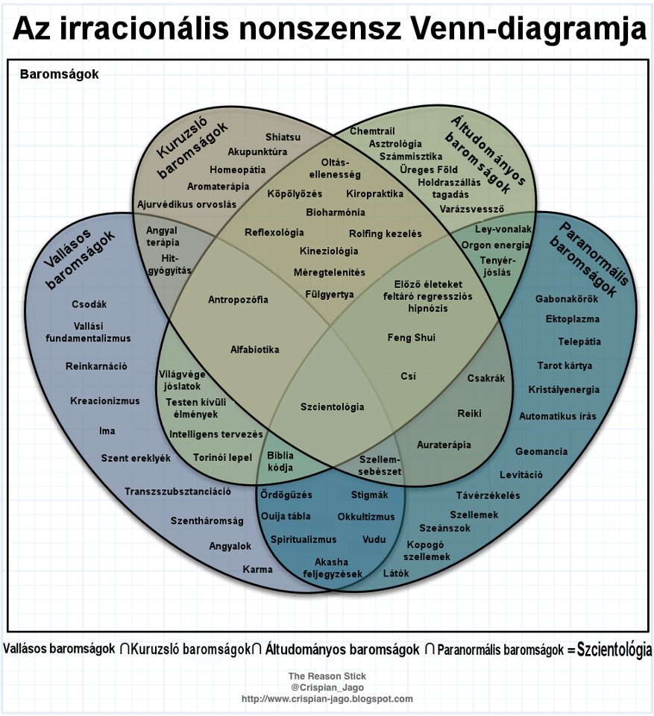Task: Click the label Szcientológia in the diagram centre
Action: tap(333, 406)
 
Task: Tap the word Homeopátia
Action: tap(237, 169)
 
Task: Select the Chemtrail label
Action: tap(372, 131)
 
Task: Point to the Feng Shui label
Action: tap(411, 338)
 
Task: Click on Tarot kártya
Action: tap(565, 365)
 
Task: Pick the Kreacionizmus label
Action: tap(105, 401)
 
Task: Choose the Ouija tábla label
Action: tap(286, 516)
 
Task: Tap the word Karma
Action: tap(257, 570)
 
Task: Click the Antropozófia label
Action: tap(238, 300)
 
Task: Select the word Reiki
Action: tap(470, 413)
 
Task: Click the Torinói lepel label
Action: tap(223, 457)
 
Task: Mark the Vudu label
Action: tap(374, 539)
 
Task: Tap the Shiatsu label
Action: tap(283, 137)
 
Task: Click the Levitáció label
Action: tap(521, 475)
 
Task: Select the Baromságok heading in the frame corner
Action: tap(59, 75)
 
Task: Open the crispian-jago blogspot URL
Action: tap(327, 699)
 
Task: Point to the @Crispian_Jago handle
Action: tap(327, 688)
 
